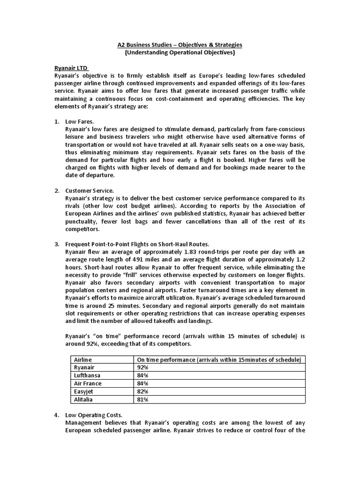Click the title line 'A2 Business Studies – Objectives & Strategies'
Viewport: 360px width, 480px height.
point(180,45)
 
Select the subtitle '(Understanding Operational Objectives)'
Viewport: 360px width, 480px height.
point(180,52)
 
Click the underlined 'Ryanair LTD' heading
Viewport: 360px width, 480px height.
point(70,68)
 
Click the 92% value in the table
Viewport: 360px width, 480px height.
point(142,367)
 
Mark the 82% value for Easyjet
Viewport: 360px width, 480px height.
point(142,391)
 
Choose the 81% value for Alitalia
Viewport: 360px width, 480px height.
point(142,399)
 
